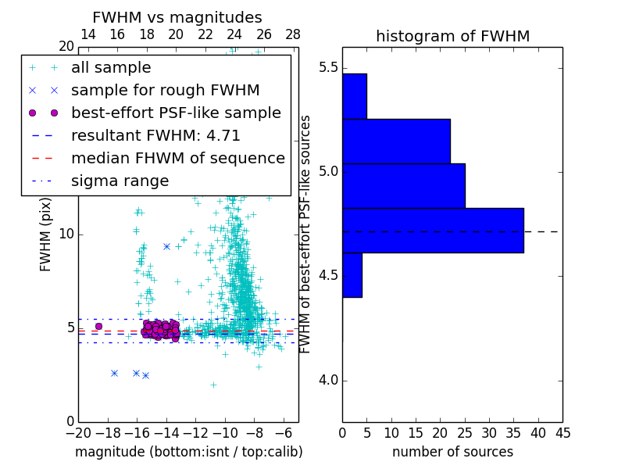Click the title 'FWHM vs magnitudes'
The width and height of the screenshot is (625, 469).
coord(177,17)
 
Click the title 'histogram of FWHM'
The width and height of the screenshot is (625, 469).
coord(452,36)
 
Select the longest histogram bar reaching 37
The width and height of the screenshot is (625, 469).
coord(433,230)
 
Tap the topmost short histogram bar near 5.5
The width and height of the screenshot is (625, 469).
coord(355,96)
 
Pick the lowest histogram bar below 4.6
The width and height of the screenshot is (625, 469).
coord(352,274)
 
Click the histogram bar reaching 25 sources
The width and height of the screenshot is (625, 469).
coord(403,185)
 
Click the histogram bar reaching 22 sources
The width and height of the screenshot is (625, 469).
coord(396,141)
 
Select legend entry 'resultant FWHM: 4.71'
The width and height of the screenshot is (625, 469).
coord(155,135)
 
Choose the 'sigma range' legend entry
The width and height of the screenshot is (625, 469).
coord(120,181)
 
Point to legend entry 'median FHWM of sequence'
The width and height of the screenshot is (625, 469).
coord(177,158)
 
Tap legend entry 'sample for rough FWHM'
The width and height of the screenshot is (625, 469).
coord(165,90)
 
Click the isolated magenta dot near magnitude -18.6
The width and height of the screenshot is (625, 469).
coord(98,326)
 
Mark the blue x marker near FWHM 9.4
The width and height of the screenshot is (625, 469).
coord(166,246)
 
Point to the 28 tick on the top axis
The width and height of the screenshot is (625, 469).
coord(293,34)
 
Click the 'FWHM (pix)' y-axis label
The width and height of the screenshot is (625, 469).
coord(45,234)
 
